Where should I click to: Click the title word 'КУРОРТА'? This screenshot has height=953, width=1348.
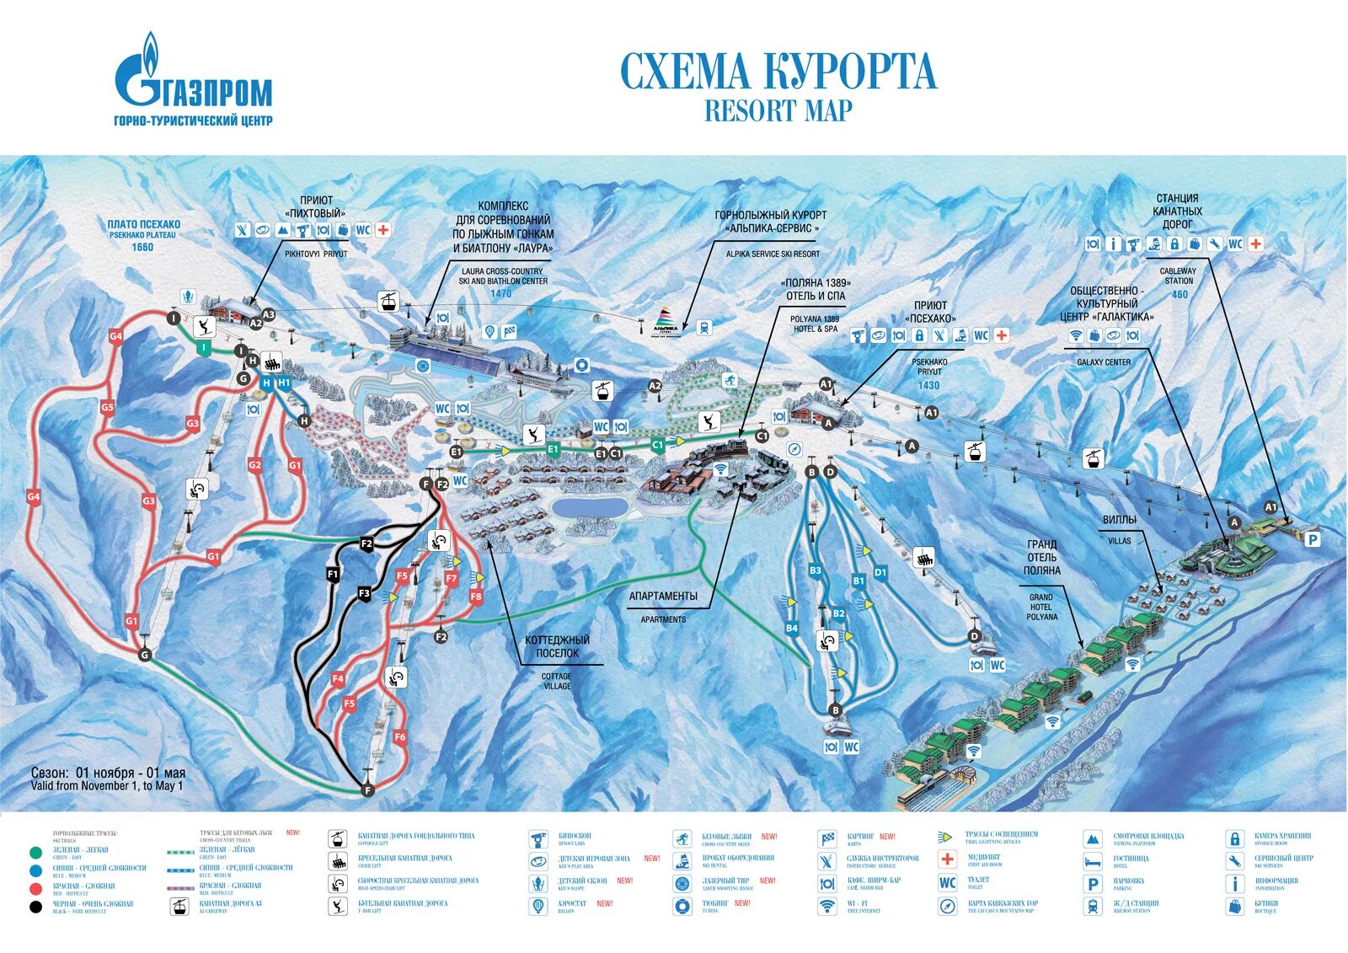click(x=850, y=72)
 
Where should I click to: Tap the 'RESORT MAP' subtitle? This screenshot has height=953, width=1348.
click(x=778, y=111)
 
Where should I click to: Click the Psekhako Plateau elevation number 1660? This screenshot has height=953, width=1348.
click(x=142, y=247)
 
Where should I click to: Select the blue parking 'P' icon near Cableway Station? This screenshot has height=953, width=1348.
click(x=1312, y=539)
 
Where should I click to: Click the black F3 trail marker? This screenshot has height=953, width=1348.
click(x=364, y=593)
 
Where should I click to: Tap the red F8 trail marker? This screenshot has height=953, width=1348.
click(x=476, y=597)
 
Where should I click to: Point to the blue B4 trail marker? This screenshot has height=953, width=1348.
click(x=791, y=628)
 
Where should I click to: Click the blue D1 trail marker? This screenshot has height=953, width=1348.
click(x=880, y=572)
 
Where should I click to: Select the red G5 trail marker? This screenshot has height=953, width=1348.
click(x=107, y=407)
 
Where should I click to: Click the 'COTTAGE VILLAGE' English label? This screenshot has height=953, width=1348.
click(x=556, y=681)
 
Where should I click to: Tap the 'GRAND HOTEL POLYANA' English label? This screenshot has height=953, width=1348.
click(x=1041, y=607)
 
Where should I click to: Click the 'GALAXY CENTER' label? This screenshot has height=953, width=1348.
click(x=1104, y=362)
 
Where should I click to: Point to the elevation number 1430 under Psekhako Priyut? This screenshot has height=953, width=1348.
click(x=928, y=385)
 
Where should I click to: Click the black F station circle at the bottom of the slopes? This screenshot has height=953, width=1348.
click(x=367, y=790)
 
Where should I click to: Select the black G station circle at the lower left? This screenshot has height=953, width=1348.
click(x=145, y=655)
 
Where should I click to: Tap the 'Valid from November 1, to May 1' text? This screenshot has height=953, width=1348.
click(x=107, y=786)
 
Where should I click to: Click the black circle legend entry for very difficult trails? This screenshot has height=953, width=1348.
click(x=35, y=907)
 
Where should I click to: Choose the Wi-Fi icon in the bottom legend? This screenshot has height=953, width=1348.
click(x=827, y=906)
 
